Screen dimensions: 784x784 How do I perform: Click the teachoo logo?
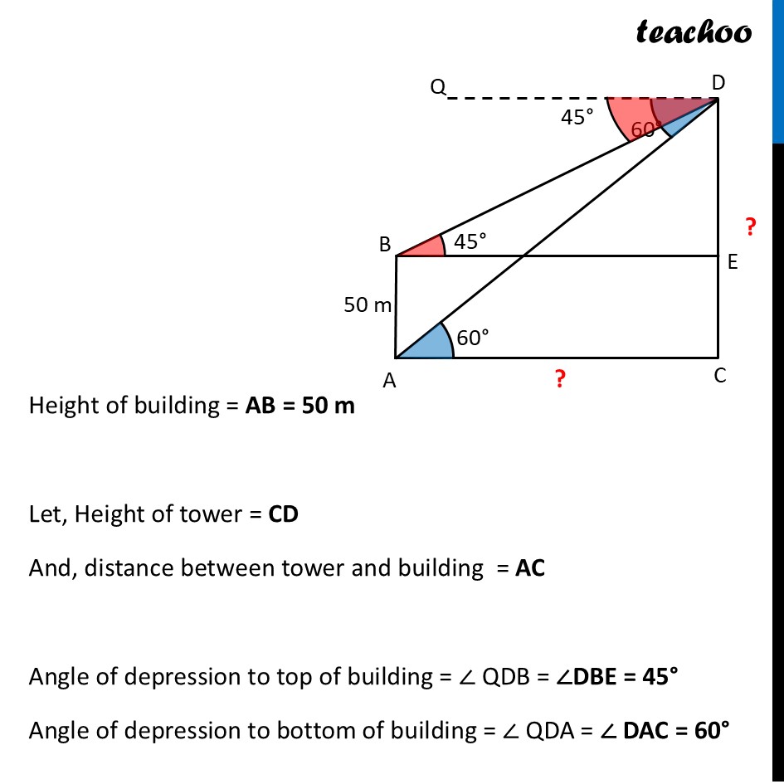click(x=694, y=32)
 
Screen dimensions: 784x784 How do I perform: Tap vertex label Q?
click(x=438, y=87)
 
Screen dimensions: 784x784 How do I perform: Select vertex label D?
click(x=718, y=81)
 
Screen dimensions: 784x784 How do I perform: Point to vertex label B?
click(x=385, y=245)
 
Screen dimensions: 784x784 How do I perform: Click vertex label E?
click(x=733, y=262)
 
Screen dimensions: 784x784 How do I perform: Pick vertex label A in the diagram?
click(x=388, y=381)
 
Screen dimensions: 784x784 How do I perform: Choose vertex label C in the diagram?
click(x=719, y=376)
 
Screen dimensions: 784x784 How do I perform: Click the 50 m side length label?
click(x=368, y=305)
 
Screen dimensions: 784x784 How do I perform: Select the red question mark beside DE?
click(x=750, y=226)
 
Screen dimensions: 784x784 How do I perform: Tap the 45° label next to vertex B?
click(x=469, y=241)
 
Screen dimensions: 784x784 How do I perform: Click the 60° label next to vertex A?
click(x=473, y=337)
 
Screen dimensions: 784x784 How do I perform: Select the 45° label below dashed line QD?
click(x=577, y=118)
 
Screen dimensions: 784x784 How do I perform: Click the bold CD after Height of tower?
click(x=283, y=514)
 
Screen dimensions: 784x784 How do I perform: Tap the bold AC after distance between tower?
click(x=530, y=568)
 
